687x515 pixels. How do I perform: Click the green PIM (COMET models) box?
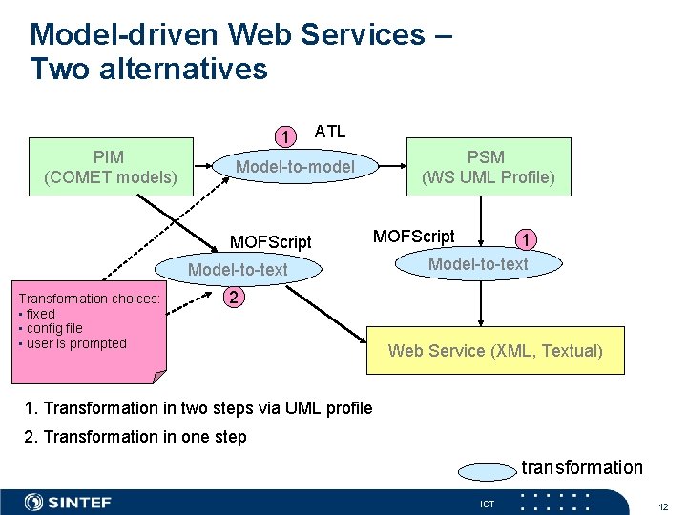pos(111,167)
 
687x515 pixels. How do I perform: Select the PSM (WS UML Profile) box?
pos(489,167)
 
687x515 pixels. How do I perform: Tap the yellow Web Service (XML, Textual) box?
pos(495,350)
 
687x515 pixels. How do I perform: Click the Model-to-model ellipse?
pos(295,168)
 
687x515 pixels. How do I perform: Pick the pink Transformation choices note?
pos(92,327)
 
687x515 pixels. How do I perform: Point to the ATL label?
pos(330,132)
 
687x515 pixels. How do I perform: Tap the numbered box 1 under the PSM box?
pos(524,238)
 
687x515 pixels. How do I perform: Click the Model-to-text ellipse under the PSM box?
pos(477,264)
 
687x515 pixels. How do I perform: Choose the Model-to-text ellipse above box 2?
pos(238,270)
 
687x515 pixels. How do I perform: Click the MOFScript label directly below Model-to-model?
pos(270,241)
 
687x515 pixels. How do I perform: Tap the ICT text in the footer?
pos(488,504)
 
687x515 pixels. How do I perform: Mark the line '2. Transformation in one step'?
pos(135,437)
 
